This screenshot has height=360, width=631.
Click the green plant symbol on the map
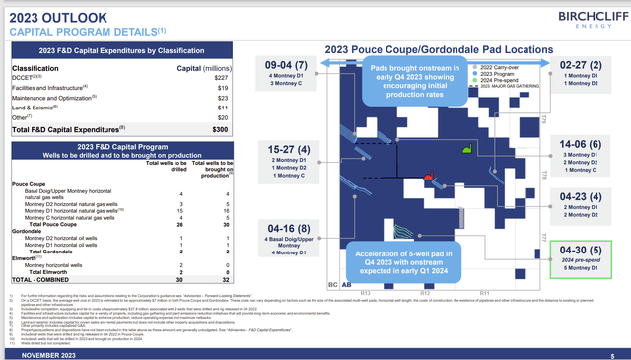point(466,150)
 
